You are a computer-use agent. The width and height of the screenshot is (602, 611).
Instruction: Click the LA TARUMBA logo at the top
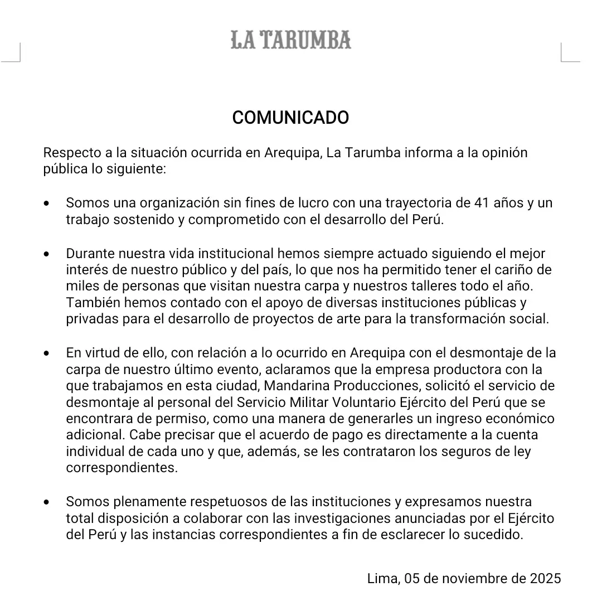pyautogui.click(x=291, y=40)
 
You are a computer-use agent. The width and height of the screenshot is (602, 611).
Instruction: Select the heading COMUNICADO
pyautogui.click(x=290, y=118)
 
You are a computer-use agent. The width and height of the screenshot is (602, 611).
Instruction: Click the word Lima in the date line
pyautogui.click(x=383, y=578)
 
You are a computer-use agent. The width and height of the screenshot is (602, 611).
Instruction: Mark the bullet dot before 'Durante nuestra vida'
pyautogui.click(x=48, y=254)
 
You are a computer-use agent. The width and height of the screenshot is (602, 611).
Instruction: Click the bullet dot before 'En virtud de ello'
pyautogui.click(x=48, y=353)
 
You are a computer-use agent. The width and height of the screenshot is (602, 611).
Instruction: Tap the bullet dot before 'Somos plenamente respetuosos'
pyautogui.click(x=48, y=502)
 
